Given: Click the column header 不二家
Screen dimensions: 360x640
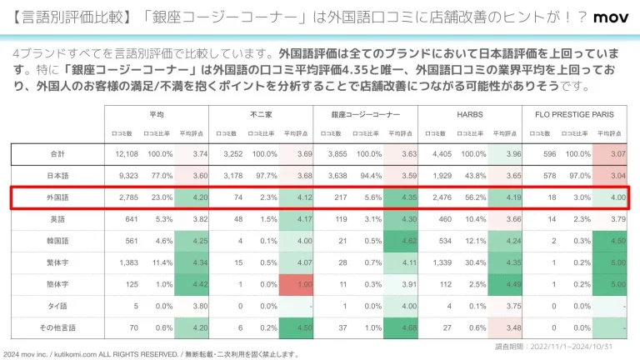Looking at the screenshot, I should [262, 113].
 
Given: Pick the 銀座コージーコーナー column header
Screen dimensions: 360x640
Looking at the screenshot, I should [365, 113].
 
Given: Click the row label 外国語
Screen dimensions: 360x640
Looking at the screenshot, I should [57, 197].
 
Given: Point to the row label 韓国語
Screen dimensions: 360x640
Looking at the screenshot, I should [57, 241].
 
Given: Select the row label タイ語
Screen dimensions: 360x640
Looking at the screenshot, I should [57, 306].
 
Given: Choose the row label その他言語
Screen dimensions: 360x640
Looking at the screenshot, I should [57, 327].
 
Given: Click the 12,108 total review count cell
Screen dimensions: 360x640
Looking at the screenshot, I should [125, 154].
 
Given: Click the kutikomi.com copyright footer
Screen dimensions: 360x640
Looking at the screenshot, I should [150, 354].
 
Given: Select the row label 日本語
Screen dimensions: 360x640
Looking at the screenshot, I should [57, 176].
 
